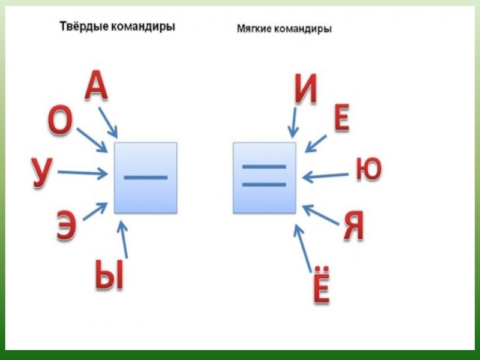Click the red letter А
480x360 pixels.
tap(96, 85)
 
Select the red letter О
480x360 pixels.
tap(60, 122)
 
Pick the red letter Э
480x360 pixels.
tap(66, 226)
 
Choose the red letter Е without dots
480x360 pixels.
tap(340, 120)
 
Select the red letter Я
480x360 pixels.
tap(354, 229)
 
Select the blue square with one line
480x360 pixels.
tap(145, 178)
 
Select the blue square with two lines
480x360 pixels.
tap(264, 177)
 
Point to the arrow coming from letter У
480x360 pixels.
tap(83, 173)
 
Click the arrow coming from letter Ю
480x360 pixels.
tap(326, 176)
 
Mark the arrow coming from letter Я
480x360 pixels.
tap(321, 215)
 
